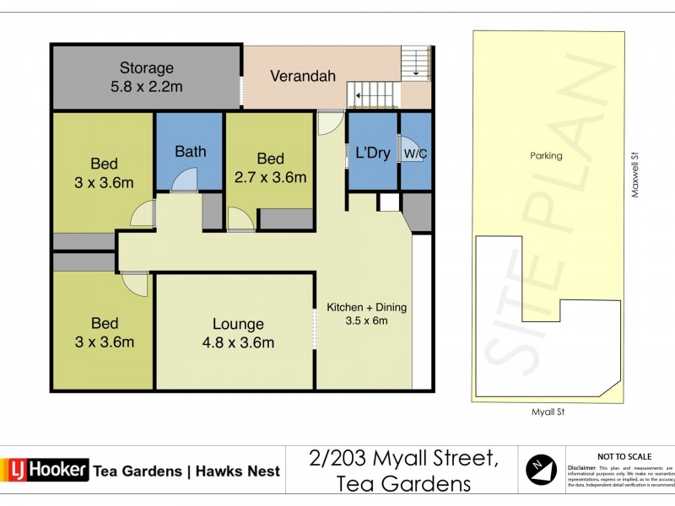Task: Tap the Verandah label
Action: (303, 76)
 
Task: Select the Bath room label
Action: (190, 152)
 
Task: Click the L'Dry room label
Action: (372, 153)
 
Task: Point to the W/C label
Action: (414, 154)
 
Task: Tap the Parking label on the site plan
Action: (546, 155)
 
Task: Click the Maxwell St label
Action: (634, 174)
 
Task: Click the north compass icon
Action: (540, 469)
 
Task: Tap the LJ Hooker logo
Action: (46, 470)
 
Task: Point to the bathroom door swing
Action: (184, 179)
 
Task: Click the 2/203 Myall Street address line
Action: (401, 459)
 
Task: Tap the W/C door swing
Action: (413, 175)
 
